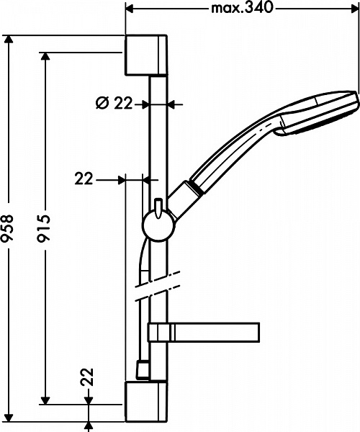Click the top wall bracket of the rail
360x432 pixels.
pyautogui.click(x=147, y=55)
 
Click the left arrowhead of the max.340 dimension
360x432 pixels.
pyautogui.click(x=131, y=9)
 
